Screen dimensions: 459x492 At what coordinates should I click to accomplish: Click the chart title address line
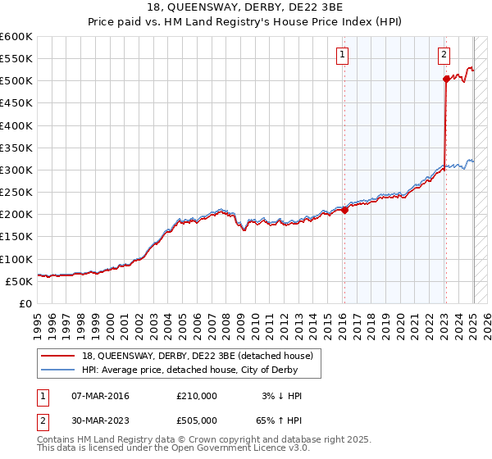click(245, 8)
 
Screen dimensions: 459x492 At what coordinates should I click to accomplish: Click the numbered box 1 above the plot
click(342, 56)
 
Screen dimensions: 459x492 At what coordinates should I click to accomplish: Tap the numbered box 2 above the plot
click(444, 56)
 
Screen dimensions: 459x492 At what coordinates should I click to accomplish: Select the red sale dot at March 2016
click(344, 210)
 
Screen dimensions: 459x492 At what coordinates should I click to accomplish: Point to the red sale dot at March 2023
click(446, 79)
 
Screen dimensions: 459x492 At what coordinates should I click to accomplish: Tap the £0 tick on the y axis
click(25, 303)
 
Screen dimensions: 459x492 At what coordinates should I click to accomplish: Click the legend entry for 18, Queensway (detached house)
click(197, 356)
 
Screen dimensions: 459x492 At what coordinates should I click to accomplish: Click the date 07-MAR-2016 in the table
click(100, 396)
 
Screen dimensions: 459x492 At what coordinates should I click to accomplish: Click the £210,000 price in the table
click(197, 396)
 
